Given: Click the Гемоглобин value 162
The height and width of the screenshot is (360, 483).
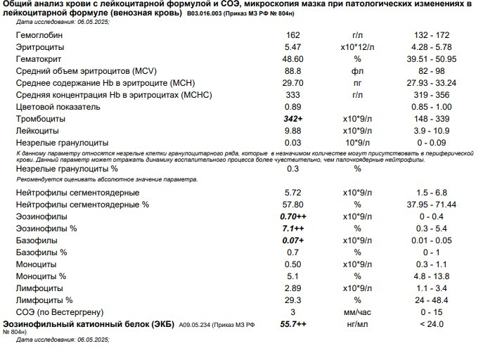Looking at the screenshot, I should [x=292, y=34].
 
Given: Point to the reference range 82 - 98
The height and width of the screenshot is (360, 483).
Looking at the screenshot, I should [x=422, y=70].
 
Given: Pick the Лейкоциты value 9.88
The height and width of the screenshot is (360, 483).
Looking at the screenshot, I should [x=292, y=131].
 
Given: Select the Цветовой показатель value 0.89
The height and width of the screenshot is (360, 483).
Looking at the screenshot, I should [x=292, y=106].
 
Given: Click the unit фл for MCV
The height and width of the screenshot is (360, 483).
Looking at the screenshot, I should [x=358, y=70].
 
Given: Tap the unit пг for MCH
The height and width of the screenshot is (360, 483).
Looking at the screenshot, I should [x=358, y=82].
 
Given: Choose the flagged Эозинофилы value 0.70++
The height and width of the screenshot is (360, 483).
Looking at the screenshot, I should [x=292, y=217].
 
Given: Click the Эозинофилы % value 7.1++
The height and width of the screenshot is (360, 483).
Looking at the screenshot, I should [x=292, y=229].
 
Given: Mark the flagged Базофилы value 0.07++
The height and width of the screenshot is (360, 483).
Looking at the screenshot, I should [x=292, y=240].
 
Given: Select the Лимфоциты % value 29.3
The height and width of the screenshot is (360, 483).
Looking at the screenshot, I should [x=292, y=300].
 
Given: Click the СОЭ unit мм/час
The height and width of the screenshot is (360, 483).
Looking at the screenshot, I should [x=358, y=312].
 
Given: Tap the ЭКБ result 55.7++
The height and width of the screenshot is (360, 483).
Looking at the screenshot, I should [x=292, y=324].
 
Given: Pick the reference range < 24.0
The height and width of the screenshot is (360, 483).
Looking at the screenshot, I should [x=422, y=324].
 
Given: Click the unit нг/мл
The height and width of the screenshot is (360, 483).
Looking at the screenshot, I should [x=358, y=324].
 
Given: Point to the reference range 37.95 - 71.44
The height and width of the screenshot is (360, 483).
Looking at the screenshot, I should [x=422, y=205].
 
